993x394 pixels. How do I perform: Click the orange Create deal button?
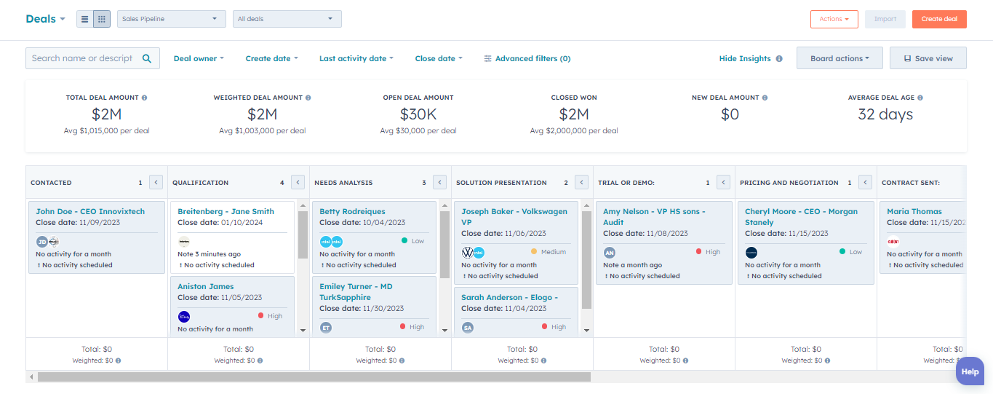[x=938, y=19]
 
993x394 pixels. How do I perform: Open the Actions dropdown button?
[x=834, y=19]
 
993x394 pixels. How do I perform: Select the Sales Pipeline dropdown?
[x=171, y=19]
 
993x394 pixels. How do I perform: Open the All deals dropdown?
[x=287, y=19]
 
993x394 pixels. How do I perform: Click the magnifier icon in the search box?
[x=147, y=58]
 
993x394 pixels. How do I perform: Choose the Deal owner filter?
[x=199, y=58]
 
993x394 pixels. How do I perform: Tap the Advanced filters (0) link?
[x=527, y=58]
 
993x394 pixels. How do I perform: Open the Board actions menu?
[x=840, y=58]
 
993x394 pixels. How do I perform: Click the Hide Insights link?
[x=745, y=58]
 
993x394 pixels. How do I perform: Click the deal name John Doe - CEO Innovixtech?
[x=90, y=211]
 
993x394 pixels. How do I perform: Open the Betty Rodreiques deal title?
[x=352, y=211]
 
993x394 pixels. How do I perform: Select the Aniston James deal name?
[x=206, y=286]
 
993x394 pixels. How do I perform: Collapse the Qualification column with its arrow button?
[x=298, y=182]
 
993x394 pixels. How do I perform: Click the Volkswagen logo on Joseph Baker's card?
[x=468, y=252]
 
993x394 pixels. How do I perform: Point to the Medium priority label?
[x=553, y=252]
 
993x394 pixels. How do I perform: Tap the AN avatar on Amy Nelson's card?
[x=610, y=252]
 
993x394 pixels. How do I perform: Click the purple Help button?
[x=970, y=371]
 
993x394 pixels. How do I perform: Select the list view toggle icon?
[x=85, y=19]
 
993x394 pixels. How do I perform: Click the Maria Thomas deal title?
[x=914, y=211]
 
